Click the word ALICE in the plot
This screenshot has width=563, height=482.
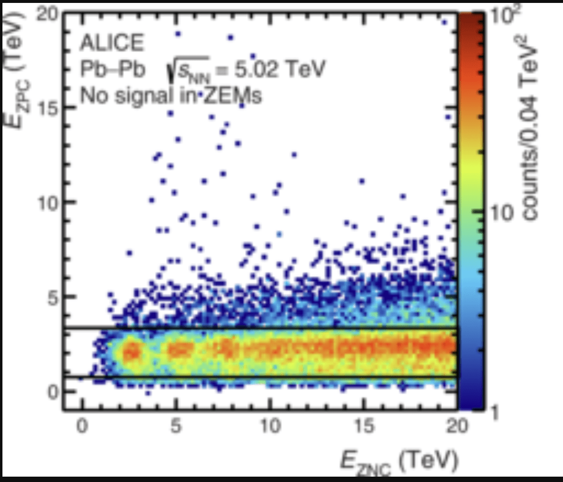112,43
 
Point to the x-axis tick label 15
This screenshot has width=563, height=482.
365,426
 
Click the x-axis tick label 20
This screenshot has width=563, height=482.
457,426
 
